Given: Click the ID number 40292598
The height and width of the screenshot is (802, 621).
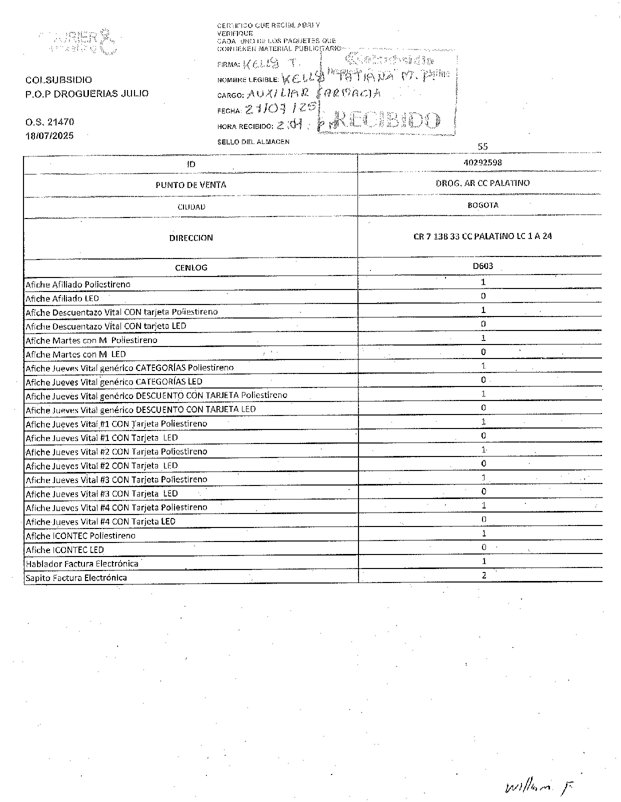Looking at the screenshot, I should [482, 162].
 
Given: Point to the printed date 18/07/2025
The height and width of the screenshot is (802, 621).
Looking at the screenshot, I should [49, 135].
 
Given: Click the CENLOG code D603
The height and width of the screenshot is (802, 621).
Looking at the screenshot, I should [482, 266].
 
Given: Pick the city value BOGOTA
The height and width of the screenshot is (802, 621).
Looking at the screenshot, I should [482, 205].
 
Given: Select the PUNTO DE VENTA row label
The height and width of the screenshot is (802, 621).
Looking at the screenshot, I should [190, 185].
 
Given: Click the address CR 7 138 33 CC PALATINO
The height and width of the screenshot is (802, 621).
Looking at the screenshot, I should [482, 236].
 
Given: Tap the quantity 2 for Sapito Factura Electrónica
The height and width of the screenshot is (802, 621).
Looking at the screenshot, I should [483, 575].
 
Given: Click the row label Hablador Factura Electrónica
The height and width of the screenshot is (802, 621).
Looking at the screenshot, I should [82, 563].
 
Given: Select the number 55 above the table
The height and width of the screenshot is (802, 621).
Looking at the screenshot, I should [482, 146].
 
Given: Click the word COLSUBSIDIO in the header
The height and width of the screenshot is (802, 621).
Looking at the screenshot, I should [58, 80].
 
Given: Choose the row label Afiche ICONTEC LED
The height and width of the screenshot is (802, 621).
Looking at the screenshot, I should [64, 549].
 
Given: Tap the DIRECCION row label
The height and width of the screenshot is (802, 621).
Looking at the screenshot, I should [190, 238].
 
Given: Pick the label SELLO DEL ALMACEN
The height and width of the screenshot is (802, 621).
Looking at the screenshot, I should [253, 142].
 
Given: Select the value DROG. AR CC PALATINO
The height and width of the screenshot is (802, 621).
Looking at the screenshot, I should [482, 183].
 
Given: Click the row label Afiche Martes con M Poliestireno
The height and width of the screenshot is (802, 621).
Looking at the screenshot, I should [91, 340].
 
